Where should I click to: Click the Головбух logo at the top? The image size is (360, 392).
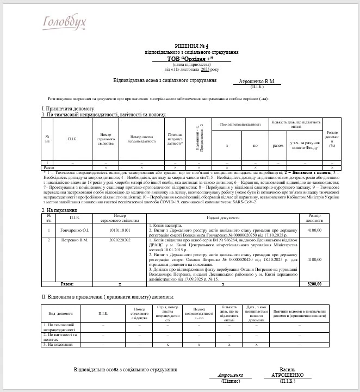(65, 22)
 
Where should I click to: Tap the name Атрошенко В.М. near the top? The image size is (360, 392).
(257, 82)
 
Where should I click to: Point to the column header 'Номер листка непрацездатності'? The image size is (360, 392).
(142, 139)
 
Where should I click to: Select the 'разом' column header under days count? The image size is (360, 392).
(277, 146)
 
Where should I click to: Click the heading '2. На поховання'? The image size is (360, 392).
(60, 210)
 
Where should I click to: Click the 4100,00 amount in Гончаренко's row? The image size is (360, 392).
(314, 229)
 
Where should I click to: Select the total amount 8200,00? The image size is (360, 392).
(314, 284)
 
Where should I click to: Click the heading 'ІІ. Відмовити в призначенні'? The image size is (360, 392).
(108, 296)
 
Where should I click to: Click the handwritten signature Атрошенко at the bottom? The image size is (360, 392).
(234, 375)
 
